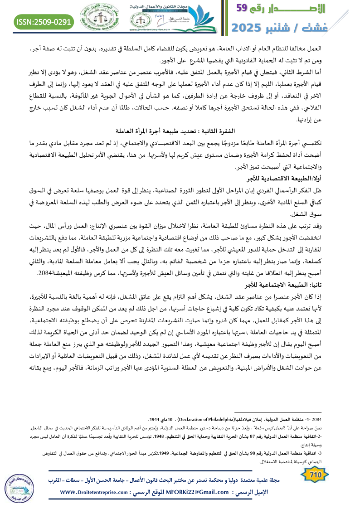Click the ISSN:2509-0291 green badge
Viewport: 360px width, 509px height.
[x=44, y=21]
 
